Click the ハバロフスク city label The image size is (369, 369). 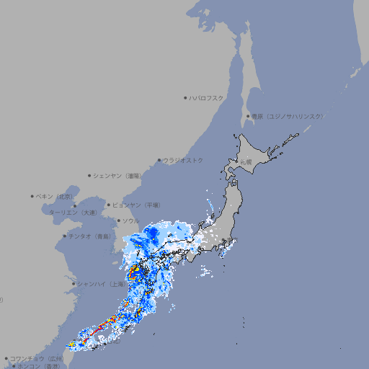coord(207,97)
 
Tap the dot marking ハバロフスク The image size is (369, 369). coord(185,97)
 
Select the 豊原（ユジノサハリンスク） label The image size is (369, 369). coord(288,116)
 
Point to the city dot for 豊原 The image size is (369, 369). coord(248,116)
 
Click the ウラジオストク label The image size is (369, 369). coord(183,160)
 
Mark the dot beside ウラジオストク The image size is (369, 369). coord(159,160)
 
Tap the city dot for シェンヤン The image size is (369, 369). coord(89,175)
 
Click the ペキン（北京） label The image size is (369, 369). coord(55,196)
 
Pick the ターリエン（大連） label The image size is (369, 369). coord(72,213)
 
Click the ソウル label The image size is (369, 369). coord(130,221)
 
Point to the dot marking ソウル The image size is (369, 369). coord(118,221)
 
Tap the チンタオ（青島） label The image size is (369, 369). coord(89,236)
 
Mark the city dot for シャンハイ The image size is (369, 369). coord(74,284)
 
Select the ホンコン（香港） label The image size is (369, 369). coord(38,366)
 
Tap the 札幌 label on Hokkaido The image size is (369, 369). coord(246,162)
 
